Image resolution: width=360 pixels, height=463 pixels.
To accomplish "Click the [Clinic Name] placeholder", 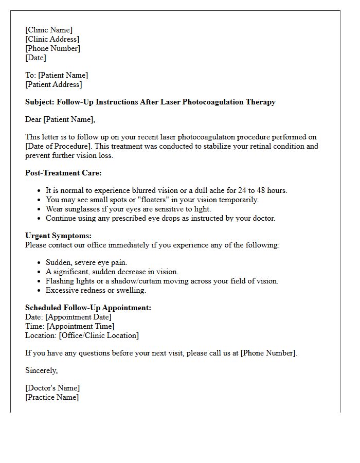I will [x=49, y=30].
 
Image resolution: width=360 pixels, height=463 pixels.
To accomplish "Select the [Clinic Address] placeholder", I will [x=52, y=39].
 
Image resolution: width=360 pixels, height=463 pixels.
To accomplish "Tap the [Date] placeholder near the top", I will [x=35, y=58].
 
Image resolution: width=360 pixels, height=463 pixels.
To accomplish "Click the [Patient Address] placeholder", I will [x=53, y=84].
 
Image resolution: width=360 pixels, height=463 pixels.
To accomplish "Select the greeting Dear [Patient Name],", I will [x=60, y=119].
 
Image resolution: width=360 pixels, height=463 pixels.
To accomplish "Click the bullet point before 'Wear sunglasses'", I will [x=40, y=209].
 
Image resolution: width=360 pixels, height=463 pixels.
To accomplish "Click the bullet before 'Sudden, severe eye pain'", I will [x=40, y=263].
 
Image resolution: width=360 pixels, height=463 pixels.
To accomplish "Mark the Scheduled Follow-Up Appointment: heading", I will [x=88, y=308].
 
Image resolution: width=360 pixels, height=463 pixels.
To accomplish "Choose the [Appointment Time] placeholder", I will [x=80, y=326].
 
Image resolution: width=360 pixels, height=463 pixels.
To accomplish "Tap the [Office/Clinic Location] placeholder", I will [x=99, y=335].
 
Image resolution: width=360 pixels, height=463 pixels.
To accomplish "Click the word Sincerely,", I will [x=41, y=370].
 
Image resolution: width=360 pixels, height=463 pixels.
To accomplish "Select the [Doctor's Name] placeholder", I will [x=52, y=388].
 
